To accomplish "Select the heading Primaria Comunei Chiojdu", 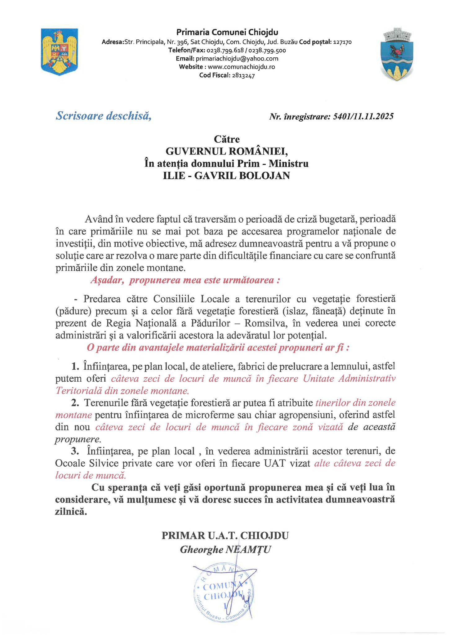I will (227, 32).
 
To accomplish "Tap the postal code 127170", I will (342, 42).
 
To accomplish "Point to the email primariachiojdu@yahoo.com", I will (237, 59).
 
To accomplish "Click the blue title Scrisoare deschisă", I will (104, 116).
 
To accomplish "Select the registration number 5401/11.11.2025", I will (363, 117).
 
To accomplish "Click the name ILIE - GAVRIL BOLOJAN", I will (226, 176).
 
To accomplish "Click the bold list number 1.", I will (75, 366).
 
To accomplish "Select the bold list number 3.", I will (75, 451).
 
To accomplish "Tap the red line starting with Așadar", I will (185, 280).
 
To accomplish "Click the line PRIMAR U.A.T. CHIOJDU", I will (225, 535).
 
